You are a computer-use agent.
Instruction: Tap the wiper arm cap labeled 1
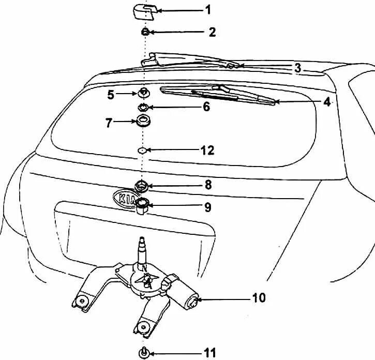coord(143,10)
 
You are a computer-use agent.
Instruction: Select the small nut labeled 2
coord(145,32)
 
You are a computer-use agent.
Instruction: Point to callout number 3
coord(297,68)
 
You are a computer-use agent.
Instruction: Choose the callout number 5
coord(110,94)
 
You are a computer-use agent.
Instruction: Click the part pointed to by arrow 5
coord(143,94)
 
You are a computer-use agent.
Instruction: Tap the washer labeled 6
coord(143,108)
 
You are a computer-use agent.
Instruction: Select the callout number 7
coord(109,123)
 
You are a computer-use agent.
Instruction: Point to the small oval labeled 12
coord(142,151)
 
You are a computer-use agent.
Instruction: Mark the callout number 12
coord(207,151)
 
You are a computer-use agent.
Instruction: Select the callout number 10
coord(259,298)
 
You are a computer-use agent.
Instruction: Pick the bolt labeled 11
coord(143,353)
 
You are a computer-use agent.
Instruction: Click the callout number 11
coord(209,353)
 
